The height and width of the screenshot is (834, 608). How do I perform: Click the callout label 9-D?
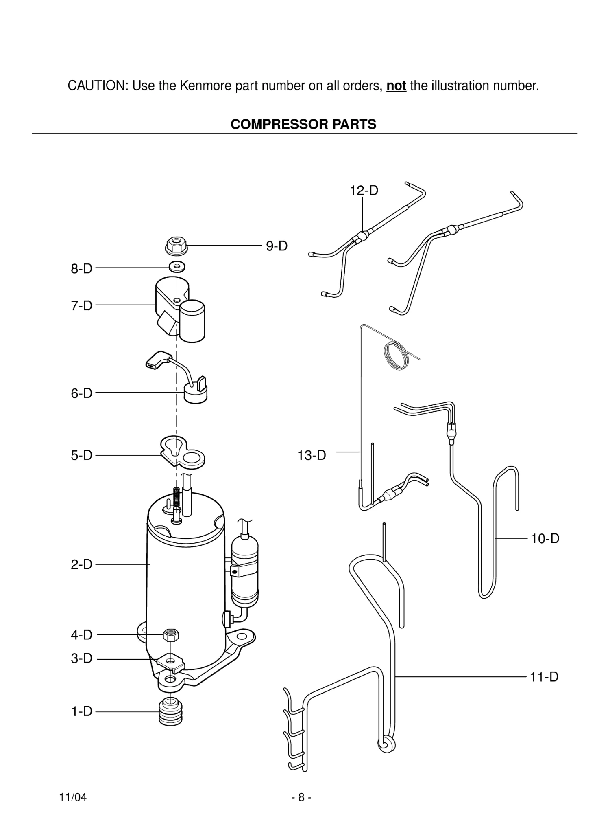coord(277,246)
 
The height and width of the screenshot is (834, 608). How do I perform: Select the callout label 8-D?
coord(82,269)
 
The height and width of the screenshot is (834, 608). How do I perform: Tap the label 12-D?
coord(364,190)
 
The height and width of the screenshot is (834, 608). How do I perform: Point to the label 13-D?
coord(312,455)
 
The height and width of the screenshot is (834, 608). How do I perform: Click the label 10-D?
coord(545,539)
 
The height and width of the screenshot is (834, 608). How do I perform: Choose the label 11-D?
coord(544,677)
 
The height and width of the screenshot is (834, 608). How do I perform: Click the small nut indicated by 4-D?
coord(171,634)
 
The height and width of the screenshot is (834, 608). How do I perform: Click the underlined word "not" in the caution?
coord(396,86)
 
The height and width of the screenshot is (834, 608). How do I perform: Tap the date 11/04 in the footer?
coord(73,797)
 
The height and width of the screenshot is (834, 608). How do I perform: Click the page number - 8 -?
coord(301,797)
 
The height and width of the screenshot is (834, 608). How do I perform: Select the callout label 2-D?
coord(82,564)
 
